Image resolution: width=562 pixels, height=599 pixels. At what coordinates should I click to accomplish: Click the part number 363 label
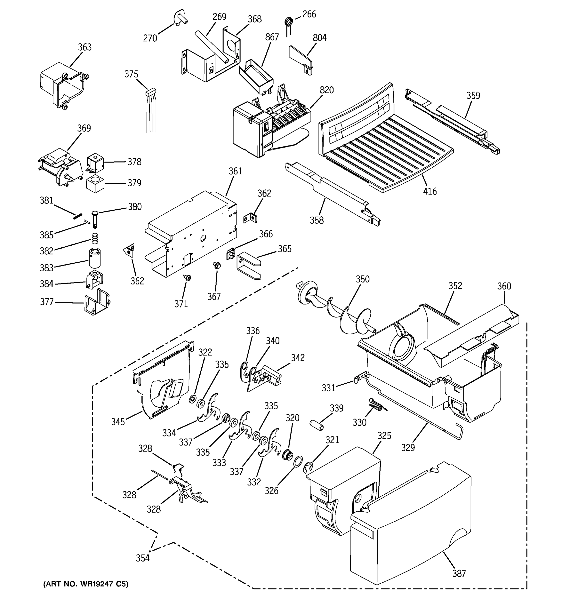[85, 47]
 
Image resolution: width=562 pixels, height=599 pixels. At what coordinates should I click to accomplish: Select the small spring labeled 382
[95, 239]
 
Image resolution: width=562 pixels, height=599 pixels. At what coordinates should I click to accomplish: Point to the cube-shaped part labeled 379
[95, 183]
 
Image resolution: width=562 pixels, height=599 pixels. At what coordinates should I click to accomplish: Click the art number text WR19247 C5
[86, 584]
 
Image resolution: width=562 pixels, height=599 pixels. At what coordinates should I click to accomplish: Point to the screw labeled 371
[188, 277]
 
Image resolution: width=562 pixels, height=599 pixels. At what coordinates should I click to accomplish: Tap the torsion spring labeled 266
[288, 22]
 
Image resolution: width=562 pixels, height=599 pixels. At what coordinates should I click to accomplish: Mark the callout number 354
[143, 558]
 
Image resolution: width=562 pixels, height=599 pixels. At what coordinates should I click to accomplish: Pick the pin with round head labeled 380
[95, 216]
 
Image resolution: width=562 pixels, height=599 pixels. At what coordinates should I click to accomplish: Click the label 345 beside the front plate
[118, 422]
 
